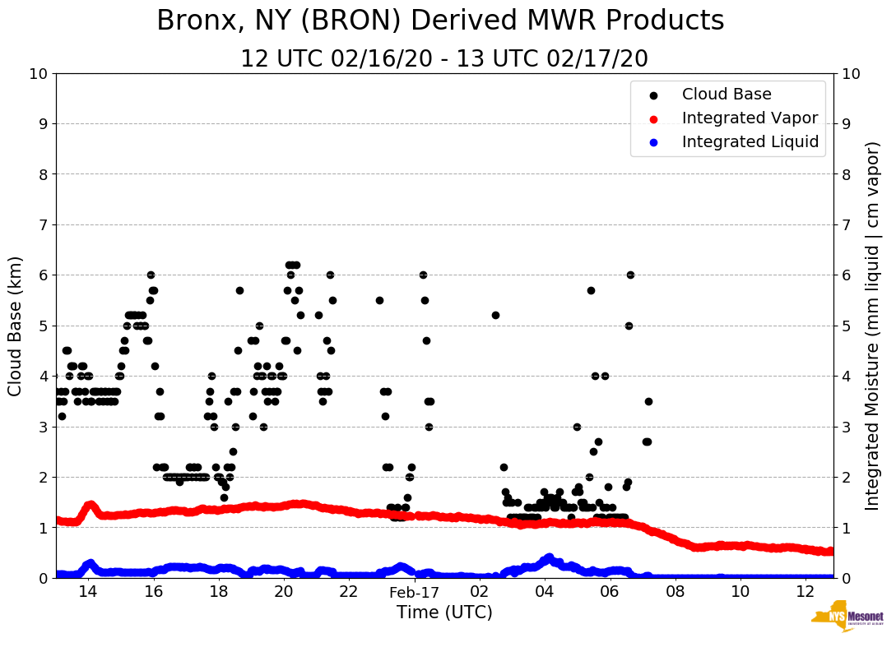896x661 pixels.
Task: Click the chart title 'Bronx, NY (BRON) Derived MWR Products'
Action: [x=440, y=21]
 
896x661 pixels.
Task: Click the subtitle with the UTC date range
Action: [x=444, y=59]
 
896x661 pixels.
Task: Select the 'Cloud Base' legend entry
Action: [x=727, y=95]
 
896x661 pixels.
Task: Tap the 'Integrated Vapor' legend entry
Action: [x=750, y=118]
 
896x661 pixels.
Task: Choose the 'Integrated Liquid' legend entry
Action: [x=750, y=142]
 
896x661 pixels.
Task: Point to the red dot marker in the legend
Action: [x=653, y=118]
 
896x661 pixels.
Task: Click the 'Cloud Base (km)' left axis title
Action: [x=16, y=325]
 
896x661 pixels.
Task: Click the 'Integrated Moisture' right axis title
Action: [x=873, y=325]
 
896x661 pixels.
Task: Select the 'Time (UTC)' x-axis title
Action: [x=444, y=612]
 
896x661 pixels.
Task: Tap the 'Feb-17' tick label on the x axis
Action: [x=415, y=592]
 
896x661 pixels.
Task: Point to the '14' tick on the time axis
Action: [x=88, y=592]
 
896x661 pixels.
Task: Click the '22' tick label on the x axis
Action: [x=349, y=592]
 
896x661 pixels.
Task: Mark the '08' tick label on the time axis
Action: [x=675, y=592]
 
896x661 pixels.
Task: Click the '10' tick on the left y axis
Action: [x=38, y=74]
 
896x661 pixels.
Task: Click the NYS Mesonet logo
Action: [x=847, y=618]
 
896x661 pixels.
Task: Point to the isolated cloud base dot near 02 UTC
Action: [x=495, y=315]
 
